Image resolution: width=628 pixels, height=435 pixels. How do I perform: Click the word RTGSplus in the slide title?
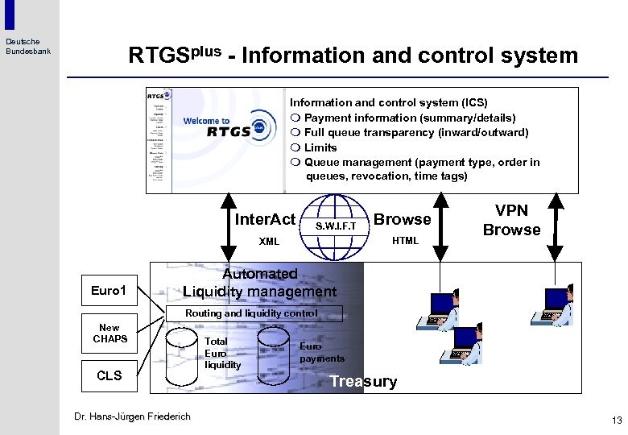175,55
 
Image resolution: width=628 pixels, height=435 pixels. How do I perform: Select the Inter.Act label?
265,219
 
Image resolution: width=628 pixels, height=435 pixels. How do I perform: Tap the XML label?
269,241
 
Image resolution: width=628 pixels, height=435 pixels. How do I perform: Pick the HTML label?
405,241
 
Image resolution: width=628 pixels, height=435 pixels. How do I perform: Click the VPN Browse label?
511,220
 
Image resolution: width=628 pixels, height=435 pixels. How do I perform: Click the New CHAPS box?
109,333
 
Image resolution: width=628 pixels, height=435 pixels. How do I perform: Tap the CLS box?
109,375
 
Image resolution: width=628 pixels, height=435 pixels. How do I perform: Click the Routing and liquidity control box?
252,313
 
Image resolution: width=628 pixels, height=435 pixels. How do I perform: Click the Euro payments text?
321,352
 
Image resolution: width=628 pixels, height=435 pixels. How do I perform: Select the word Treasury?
363,382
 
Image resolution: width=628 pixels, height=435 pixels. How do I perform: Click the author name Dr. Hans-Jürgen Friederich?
132,416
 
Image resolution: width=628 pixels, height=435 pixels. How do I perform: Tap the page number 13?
617,420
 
